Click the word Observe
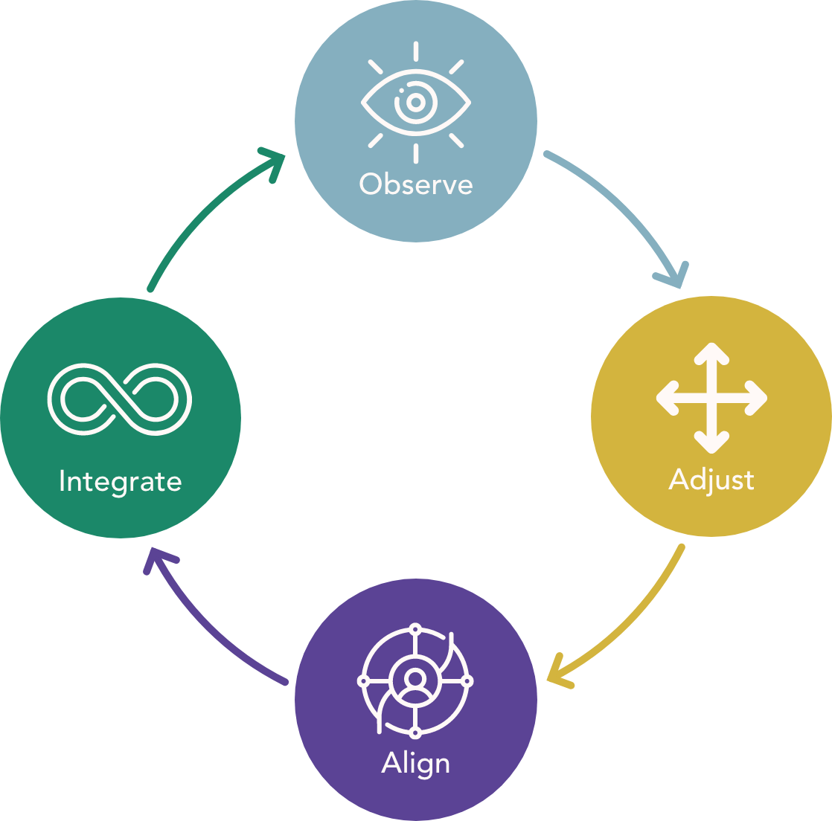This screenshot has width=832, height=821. [x=416, y=184]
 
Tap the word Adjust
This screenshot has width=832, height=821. [x=711, y=480]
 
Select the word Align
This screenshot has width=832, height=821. [x=415, y=764]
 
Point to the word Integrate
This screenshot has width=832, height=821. [x=120, y=481]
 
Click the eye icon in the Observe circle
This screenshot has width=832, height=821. [x=415, y=102]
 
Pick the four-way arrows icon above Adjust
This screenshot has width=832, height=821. [x=711, y=398]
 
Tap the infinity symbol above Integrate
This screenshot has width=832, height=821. [x=120, y=399]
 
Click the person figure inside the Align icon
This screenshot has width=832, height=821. [x=415, y=680]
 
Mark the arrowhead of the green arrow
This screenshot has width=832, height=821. [x=275, y=159]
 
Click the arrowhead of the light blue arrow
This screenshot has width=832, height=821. [x=672, y=277]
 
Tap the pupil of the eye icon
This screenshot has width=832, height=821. [x=415, y=102]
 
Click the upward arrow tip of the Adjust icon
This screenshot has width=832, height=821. [x=711, y=350]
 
